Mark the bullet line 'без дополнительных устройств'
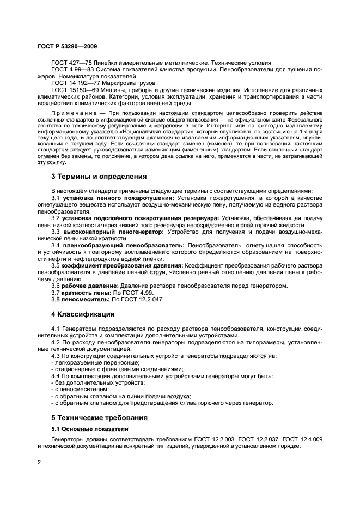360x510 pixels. [x=89, y=383]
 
